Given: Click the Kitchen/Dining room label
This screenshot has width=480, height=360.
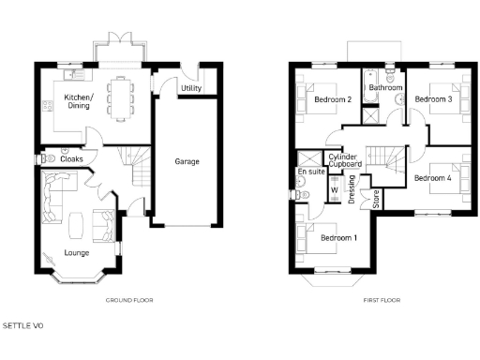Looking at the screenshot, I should point(76,101).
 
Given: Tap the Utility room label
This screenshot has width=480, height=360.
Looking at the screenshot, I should point(192,88).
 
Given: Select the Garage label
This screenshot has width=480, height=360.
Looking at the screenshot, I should point(187,161).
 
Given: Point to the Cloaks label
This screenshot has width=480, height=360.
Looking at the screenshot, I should point(71,159).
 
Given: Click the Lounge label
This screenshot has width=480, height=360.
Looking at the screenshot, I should point(77,253).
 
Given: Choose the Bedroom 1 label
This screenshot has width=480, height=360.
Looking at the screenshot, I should point(338,238).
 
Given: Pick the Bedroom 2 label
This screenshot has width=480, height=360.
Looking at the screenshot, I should point(333,99).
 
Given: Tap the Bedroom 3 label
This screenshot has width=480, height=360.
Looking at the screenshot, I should point(434,98).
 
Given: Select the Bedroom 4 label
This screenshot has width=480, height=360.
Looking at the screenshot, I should point(433,177).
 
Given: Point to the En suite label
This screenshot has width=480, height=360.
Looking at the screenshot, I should point(311,172).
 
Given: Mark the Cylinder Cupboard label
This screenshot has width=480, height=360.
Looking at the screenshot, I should point(343,160).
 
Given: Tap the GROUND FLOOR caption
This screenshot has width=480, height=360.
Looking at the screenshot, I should point(130,300).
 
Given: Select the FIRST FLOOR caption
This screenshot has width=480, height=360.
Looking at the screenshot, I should point(382,300).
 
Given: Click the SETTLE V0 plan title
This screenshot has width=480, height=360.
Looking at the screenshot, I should point(23,326).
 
